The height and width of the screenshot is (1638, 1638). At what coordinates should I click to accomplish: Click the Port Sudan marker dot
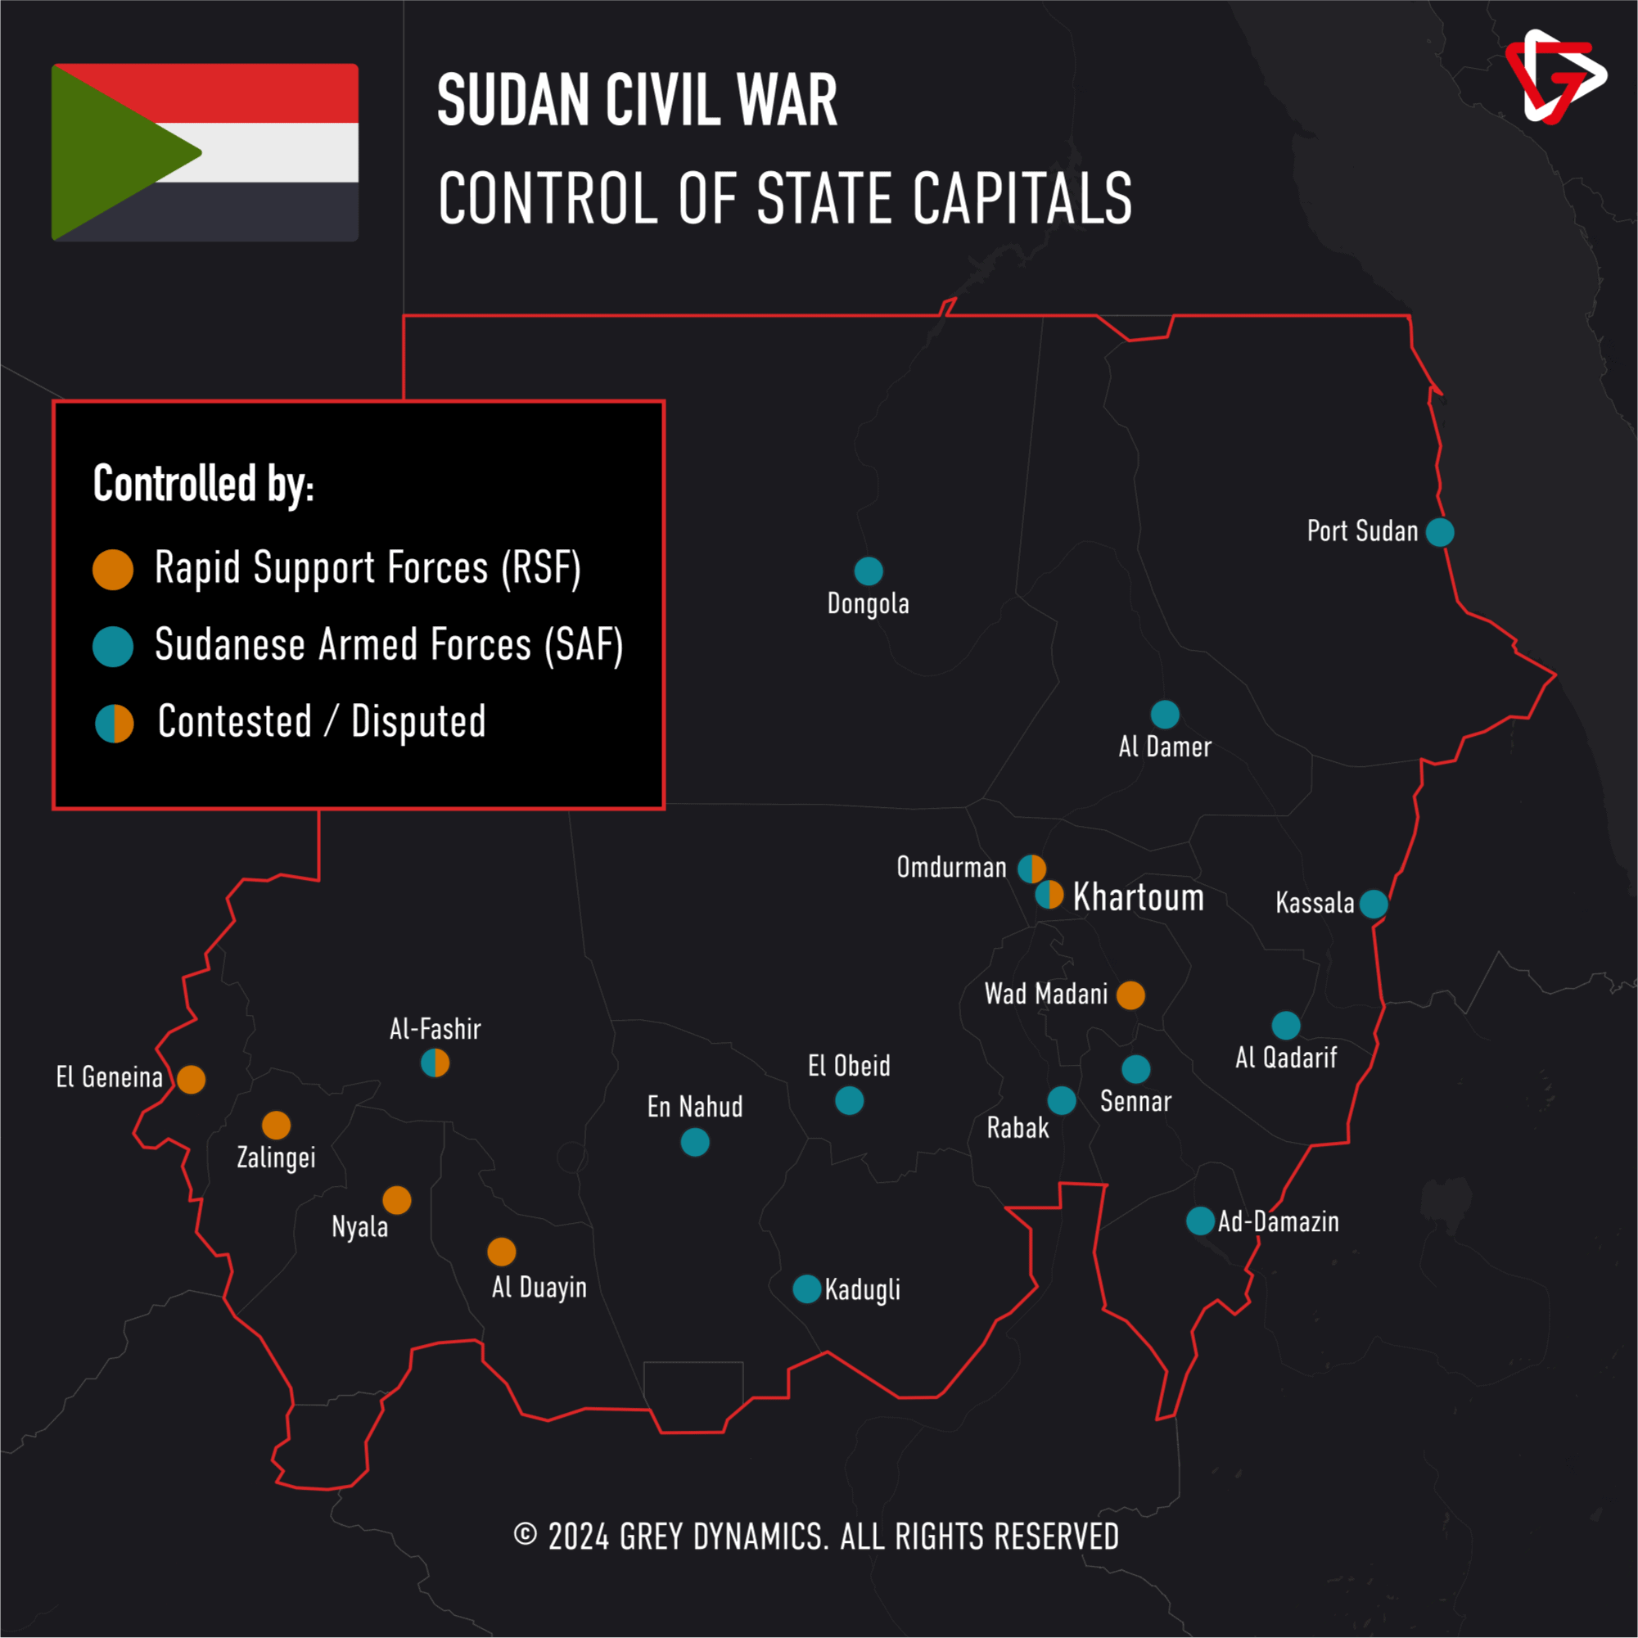point(1440,532)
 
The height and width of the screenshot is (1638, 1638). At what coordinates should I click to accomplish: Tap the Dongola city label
point(869,603)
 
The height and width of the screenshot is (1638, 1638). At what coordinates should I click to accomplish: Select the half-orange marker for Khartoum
point(1049,895)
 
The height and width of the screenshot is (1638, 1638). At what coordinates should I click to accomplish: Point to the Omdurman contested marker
point(1031,869)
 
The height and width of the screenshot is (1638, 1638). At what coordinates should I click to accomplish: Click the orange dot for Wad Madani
point(1131,995)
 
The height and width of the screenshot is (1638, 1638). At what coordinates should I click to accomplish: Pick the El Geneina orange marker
point(192,1079)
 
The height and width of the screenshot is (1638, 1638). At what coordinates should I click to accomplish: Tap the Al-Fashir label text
point(435,1029)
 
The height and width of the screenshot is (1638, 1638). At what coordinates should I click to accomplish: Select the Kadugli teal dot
point(807,1288)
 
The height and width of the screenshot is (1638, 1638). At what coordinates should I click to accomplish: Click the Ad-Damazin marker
point(1201,1221)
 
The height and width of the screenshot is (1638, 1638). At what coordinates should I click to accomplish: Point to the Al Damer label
point(1165,747)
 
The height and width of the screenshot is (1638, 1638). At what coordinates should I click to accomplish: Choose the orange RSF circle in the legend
point(113,570)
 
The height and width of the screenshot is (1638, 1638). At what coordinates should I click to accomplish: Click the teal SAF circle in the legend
point(113,647)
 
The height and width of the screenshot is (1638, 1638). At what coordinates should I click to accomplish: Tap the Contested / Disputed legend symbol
point(115,724)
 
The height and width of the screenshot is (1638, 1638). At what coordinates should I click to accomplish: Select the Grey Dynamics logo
point(1555,77)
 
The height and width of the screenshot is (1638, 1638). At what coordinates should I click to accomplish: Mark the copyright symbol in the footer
point(526,1534)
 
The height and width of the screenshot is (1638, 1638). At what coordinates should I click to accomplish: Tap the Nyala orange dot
point(397,1201)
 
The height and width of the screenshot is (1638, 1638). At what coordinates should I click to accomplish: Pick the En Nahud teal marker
point(695,1143)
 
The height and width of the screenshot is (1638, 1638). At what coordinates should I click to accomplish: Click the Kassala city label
point(1315,903)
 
